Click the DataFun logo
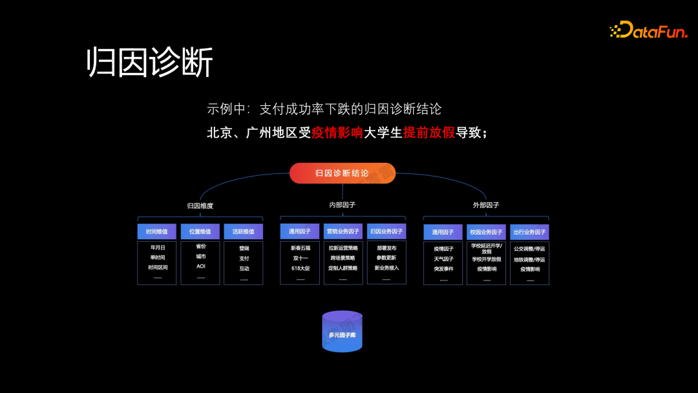[x=648, y=30]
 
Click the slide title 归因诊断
[x=150, y=63]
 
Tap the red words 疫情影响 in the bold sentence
[x=337, y=133]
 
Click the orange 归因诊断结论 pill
[x=342, y=173]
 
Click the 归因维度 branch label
[x=200, y=206]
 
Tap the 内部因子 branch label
[x=342, y=205]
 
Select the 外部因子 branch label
[x=485, y=205]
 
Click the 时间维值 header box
[x=156, y=231]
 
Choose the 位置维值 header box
[x=200, y=231]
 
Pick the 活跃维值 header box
[x=243, y=231]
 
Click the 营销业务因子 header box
[x=343, y=231]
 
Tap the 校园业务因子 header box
[x=486, y=232]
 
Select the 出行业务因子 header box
[x=529, y=232]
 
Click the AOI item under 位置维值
[x=200, y=266]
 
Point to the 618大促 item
[x=300, y=268]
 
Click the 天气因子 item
[x=443, y=259]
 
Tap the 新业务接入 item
[x=386, y=268]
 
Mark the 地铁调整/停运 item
[x=529, y=259]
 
